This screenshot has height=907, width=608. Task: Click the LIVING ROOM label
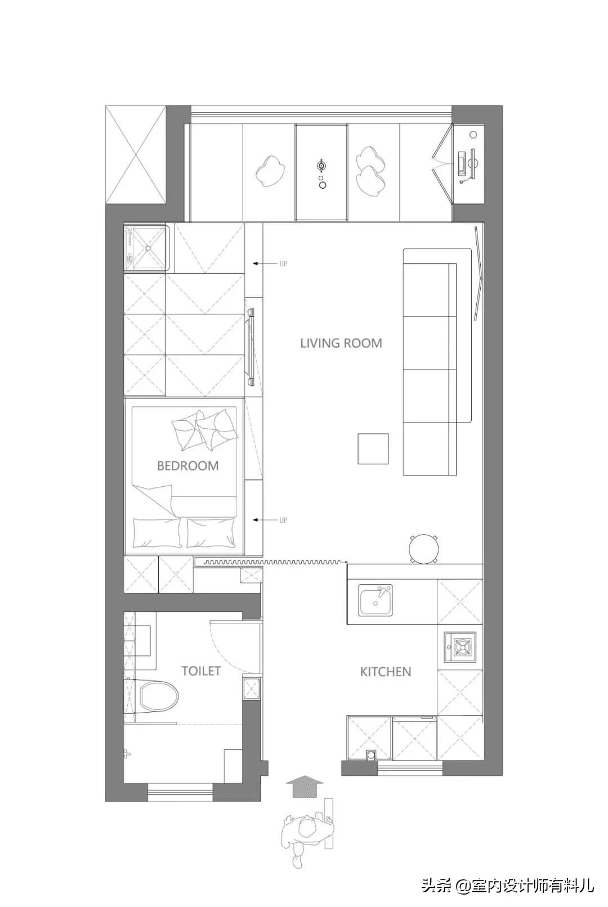341,344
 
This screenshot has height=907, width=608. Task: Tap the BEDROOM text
187,466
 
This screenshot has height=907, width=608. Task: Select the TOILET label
201,671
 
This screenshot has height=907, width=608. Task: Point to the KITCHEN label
386,672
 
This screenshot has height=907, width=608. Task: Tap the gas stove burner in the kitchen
461,647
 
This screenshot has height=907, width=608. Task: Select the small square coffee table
373,448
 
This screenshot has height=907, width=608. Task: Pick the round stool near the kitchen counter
423,549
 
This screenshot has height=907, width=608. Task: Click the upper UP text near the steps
283,264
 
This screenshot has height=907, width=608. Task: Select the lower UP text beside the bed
283,520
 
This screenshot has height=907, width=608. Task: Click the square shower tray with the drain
146,247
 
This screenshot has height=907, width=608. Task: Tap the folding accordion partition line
275,562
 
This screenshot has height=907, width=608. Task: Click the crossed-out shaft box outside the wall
136,155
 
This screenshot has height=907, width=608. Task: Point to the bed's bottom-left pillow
157,533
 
